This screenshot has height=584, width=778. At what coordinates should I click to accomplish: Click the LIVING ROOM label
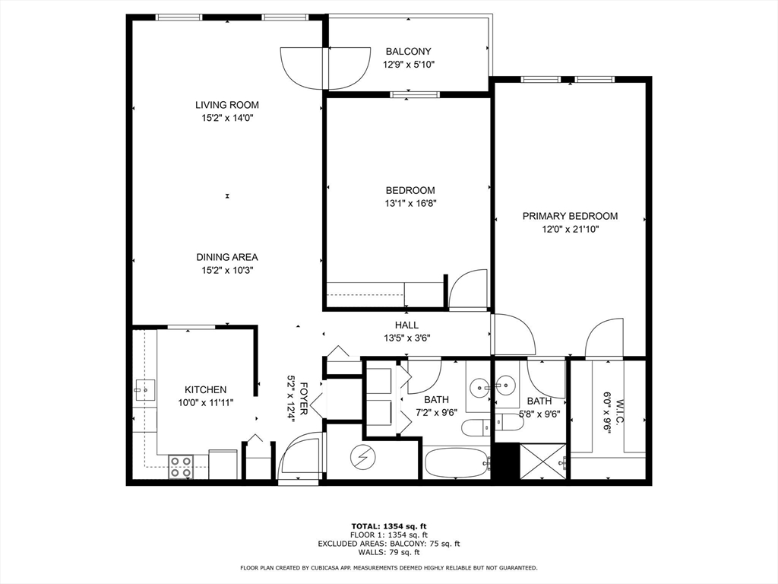click(226, 105)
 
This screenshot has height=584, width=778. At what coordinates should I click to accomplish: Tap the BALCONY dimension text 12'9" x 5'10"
click(408, 65)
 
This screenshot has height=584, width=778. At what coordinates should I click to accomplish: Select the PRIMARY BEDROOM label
click(570, 216)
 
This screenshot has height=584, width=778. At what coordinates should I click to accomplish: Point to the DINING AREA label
click(226, 257)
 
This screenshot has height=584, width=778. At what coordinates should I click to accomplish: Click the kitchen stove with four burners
click(181, 467)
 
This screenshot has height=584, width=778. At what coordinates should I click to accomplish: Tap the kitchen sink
click(145, 390)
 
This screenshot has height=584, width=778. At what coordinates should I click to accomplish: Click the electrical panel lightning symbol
click(362, 457)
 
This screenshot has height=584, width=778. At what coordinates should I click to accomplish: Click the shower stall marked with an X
click(542, 462)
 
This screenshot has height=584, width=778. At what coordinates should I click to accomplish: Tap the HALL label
click(407, 325)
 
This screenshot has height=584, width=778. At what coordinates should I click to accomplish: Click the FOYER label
click(304, 398)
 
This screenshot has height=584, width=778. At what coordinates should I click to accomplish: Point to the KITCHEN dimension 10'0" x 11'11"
click(205, 403)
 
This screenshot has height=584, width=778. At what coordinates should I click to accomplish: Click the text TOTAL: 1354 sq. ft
click(389, 526)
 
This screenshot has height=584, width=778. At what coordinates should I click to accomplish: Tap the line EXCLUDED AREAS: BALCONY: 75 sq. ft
click(389, 544)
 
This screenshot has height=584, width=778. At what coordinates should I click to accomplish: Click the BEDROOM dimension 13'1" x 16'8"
click(410, 203)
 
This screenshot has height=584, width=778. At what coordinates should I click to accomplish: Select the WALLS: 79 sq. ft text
click(389, 552)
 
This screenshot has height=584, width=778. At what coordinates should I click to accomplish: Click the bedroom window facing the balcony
click(415, 94)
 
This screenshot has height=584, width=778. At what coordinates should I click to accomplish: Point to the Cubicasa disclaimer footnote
click(389, 567)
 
